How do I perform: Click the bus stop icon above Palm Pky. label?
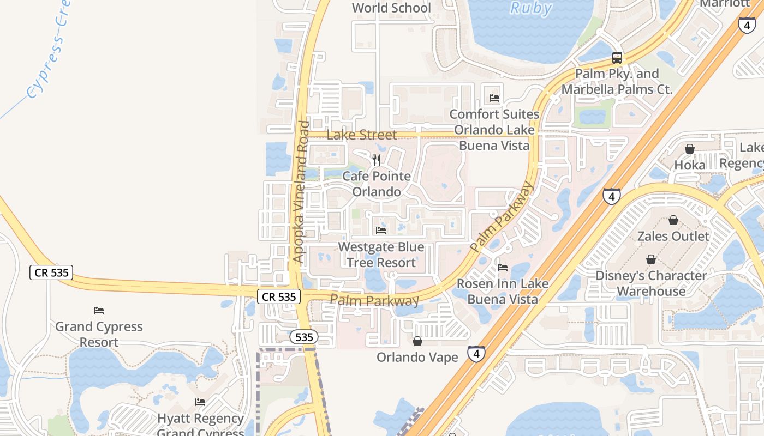coord(617,57)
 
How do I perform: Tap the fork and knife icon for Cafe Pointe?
coord(377,160)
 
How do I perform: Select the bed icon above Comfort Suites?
coord(494,98)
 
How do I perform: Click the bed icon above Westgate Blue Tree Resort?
coord(381,231)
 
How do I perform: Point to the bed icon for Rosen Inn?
coord(503,267)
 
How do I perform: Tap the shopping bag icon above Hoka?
coord(690,149)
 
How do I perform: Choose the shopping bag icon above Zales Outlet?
coord(673,220)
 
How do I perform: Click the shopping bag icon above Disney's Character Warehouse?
coord(651,259)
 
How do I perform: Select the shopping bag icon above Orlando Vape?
coord(417,341)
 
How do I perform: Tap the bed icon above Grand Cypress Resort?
coord(99,311)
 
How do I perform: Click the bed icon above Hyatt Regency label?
coord(200,402)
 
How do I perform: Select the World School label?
coord(391,8)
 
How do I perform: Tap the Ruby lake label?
coord(530,8)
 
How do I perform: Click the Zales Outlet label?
coord(673,236)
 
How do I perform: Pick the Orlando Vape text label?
coord(417,357)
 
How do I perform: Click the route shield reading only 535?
coord(304,337)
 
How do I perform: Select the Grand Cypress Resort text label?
coord(99,334)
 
